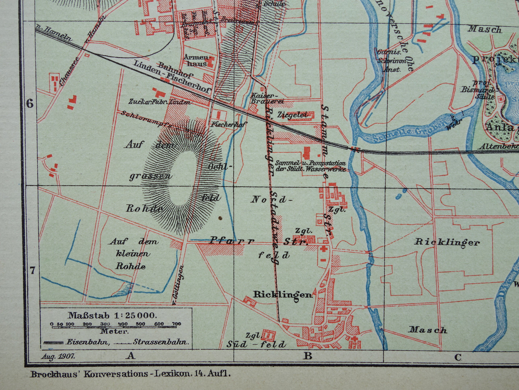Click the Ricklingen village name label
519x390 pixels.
coord(283,295)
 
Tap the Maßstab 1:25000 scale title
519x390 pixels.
coord(112,316)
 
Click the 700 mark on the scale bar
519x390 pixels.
coord(176,324)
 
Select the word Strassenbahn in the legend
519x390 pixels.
coord(161,342)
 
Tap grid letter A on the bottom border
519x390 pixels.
coord(130,356)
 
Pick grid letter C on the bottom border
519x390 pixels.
coord(457,357)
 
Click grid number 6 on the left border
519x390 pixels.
coord(30,104)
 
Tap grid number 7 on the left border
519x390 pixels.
coord(32,270)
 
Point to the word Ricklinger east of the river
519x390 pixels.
coord(447,242)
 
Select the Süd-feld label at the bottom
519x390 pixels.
coord(256,344)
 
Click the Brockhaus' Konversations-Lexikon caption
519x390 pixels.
coord(130,374)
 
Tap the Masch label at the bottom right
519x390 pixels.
coord(428,330)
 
